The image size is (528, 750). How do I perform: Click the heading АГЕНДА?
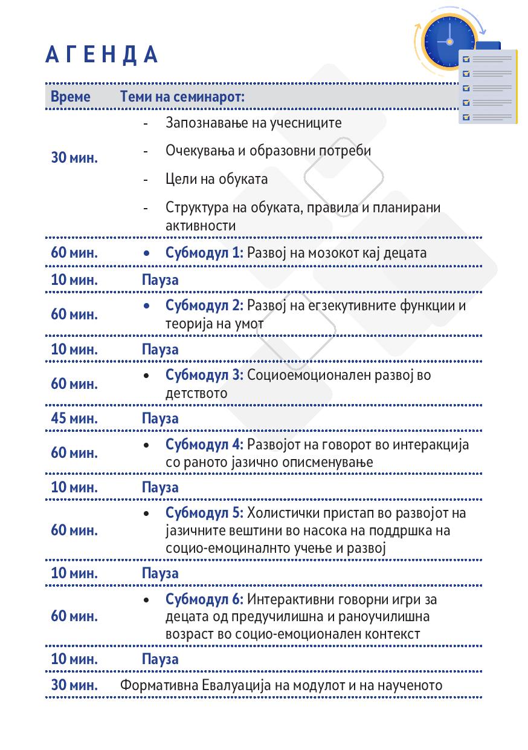pos(101,55)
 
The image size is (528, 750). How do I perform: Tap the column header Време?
pos(71,97)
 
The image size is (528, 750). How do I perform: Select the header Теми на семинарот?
pos(182,97)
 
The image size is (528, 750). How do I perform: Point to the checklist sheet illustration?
pos(488,86)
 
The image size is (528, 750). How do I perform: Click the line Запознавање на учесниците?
pos(253,123)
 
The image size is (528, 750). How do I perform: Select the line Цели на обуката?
pos(216,179)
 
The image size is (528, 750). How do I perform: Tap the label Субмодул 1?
pos(204,253)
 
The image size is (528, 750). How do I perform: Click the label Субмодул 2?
pos(204,305)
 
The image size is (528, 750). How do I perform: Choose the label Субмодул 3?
pos(204,374)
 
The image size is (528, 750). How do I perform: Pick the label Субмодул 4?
pos(204,444)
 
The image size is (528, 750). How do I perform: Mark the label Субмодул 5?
pos(204,513)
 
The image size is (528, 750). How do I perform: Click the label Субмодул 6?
pos(204,599)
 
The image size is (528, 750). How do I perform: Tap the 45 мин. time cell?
pos(74,418)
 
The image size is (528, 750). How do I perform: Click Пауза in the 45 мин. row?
pos(160,418)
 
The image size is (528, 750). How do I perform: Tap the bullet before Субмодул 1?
pos(147,253)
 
